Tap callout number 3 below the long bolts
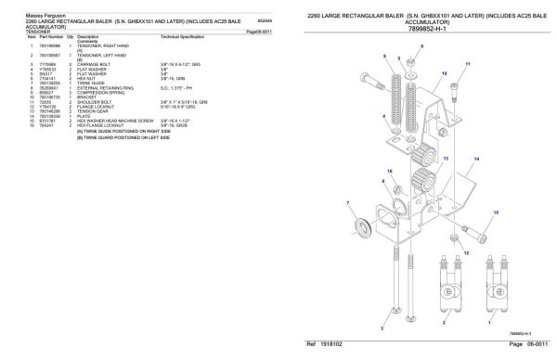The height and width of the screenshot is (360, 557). click(x=382, y=328)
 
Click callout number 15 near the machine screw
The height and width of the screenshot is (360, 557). click(x=496, y=212)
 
